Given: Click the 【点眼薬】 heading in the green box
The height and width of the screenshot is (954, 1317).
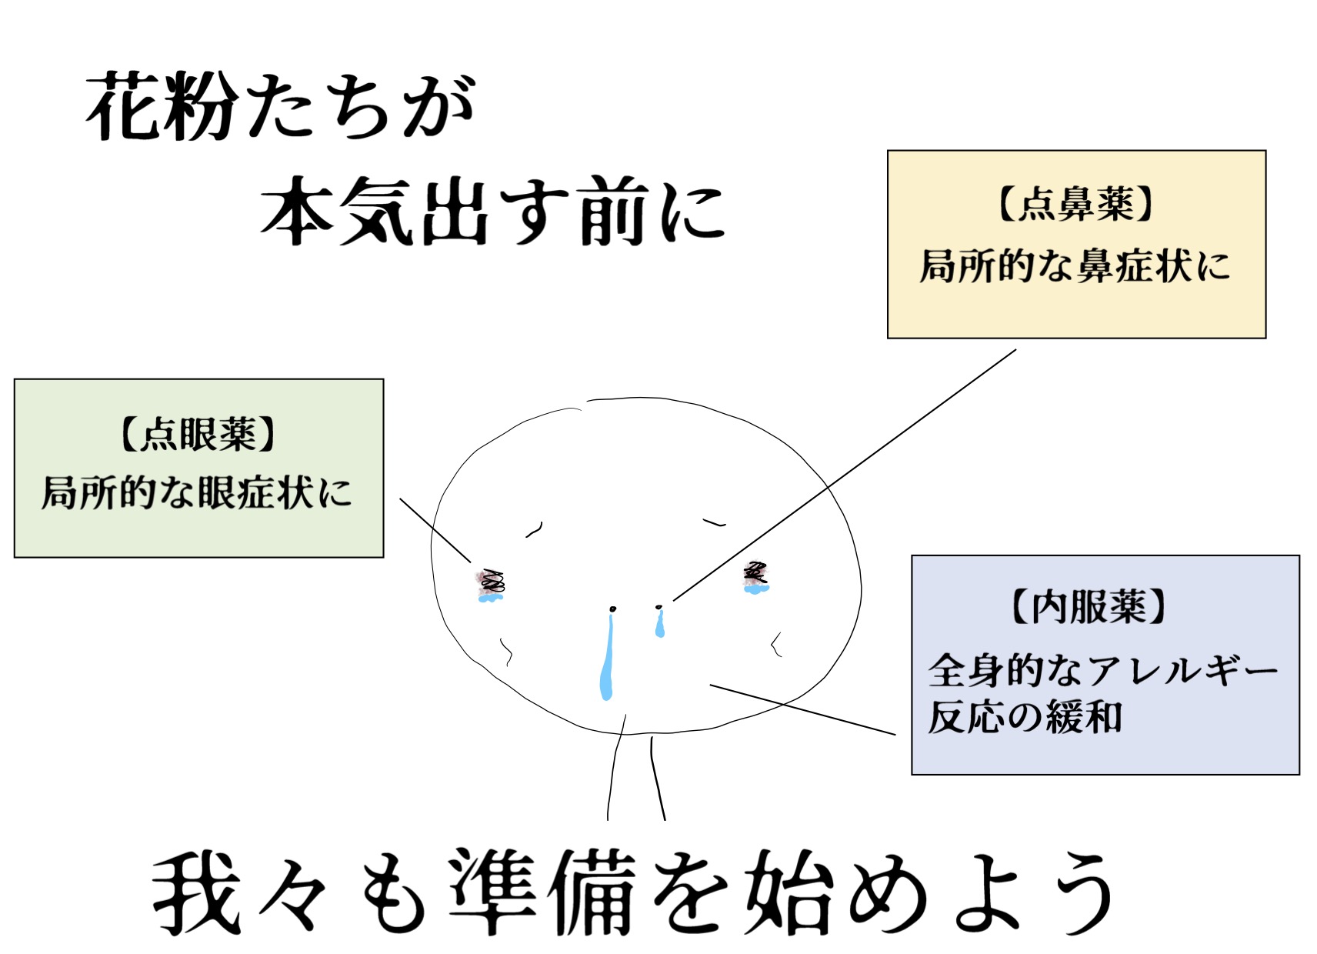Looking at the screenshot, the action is coord(198,435).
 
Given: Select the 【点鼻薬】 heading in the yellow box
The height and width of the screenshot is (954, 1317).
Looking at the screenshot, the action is coord(1075,205).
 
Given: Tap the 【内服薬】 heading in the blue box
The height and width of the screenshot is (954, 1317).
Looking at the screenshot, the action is coord(1088,607).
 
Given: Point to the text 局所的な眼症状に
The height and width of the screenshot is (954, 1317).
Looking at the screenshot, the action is coord(197,493).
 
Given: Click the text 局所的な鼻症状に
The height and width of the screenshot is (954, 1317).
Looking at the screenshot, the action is coord(1075,267).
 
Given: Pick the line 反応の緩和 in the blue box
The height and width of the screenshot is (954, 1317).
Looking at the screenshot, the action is coord(1025,717).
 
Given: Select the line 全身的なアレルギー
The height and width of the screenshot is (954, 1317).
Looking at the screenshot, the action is coord(1102,670).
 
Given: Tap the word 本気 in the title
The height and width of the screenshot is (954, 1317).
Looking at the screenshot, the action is coord(338,212).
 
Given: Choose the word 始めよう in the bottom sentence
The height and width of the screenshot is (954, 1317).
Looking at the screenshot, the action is coord(931,892).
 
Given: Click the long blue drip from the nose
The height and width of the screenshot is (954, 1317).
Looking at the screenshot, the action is coord(607,662).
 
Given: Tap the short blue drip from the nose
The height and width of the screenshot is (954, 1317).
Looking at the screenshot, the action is coord(659,625).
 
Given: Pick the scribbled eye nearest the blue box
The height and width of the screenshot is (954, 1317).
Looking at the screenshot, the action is coord(755,576).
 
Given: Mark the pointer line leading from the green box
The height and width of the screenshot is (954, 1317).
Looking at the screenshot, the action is coord(435,530).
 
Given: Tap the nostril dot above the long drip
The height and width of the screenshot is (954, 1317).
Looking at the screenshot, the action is coord(612,609).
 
